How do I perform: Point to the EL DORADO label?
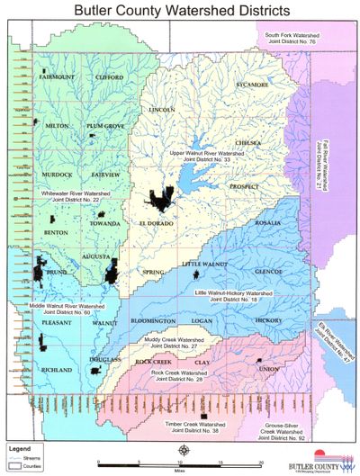(155, 221)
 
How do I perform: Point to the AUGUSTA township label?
(96, 256)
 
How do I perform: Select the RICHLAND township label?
(57, 370)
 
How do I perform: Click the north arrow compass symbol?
(184, 450)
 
